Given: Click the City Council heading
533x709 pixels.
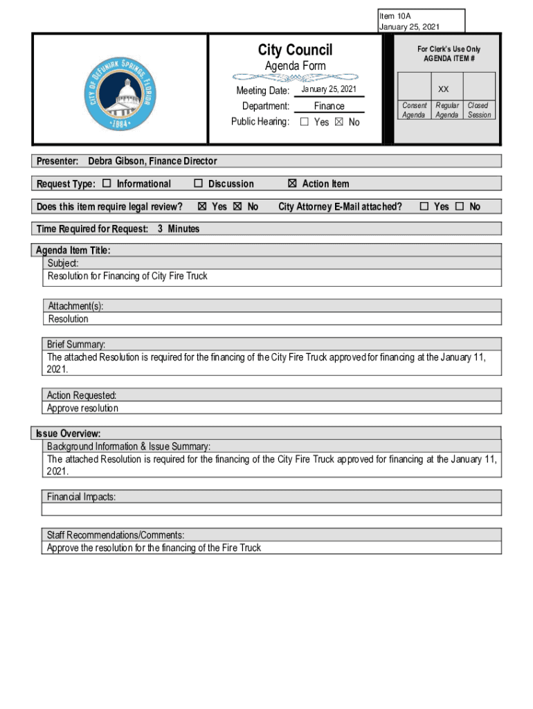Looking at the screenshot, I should pyautogui.click(x=295, y=50).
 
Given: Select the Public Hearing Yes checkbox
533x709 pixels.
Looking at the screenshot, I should pyautogui.click(x=305, y=123).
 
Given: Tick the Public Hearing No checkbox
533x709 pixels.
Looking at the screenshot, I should pyautogui.click(x=339, y=123).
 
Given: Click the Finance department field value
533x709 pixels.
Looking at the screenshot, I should pyautogui.click(x=329, y=106).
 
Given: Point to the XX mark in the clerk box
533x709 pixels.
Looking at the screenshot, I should pyautogui.click(x=444, y=89).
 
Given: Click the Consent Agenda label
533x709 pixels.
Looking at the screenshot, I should pyautogui.click(x=414, y=110).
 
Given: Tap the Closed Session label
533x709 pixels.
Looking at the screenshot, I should pyautogui.click(x=479, y=110).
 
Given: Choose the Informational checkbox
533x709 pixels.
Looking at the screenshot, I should pyautogui.click(x=107, y=183).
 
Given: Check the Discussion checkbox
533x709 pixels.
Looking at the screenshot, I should pyautogui.click(x=198, y=183).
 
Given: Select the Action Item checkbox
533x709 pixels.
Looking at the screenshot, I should pyautogui.click(x=292, y=183).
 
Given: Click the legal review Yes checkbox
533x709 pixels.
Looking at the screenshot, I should pyautogui.click(x=202, y=206).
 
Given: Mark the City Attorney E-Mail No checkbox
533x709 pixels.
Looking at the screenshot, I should pyautogui.click(x=460, y=206).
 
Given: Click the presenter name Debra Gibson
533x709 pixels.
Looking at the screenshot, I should pyautogui.click(x=152, y=161).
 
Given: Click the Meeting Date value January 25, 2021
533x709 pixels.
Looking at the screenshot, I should pyautogui.click(x=329, y=90).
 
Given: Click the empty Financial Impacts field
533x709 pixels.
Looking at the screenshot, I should pyautogui.click(x=271, y=510).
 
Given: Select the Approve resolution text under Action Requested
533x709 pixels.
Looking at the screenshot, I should pyautogui.click(x=82, y=408).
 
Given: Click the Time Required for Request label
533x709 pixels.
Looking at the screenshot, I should pyautogui.click(x=92, y=228).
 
